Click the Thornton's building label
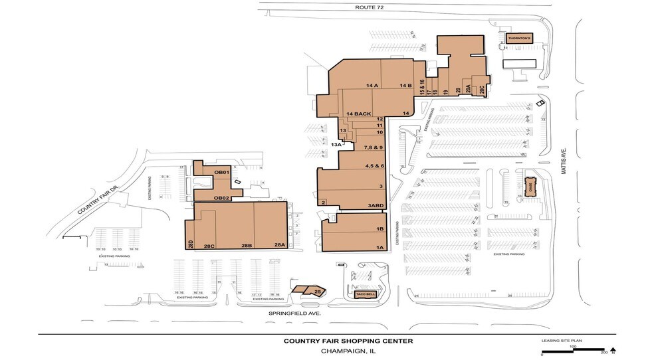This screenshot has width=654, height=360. tap(519, 39)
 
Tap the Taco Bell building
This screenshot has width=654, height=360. tap(366, 294)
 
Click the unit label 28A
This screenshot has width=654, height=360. tap(279, 245)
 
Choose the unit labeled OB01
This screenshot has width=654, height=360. tap(221, 173)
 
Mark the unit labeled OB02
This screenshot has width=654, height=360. tap(221, 198)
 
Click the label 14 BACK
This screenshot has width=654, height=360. tap(358, 114)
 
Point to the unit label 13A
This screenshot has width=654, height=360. tap(336, 144)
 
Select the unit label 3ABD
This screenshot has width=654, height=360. tap(377, 206)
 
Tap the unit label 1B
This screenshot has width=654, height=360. tap(381, 229)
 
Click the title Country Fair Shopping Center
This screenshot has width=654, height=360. tap(348, 341)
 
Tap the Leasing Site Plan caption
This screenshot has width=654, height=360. tap(562, 340)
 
